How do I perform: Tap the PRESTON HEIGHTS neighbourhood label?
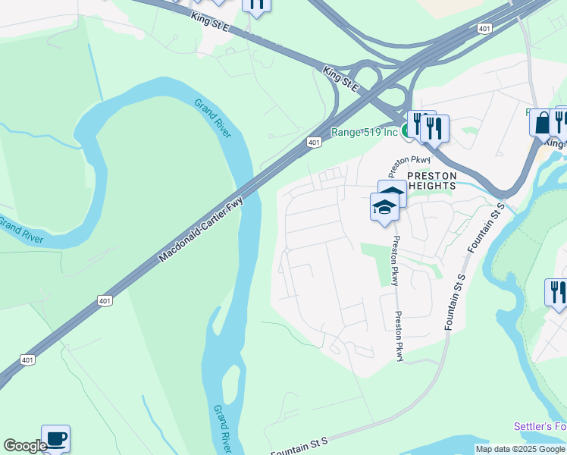431,180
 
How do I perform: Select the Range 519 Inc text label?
364,132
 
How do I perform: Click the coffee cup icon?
55,438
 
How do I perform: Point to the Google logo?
25,446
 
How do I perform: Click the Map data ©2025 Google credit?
520,449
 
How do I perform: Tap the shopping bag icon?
542,122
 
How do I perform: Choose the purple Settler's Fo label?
540,426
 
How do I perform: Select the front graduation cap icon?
384,206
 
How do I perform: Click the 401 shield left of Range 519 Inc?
314,142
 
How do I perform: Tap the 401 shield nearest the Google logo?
27,359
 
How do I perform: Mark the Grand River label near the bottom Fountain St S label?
223,425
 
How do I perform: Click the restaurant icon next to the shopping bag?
560,121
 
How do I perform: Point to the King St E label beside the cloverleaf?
342,79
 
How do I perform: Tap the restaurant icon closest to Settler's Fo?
556,292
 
